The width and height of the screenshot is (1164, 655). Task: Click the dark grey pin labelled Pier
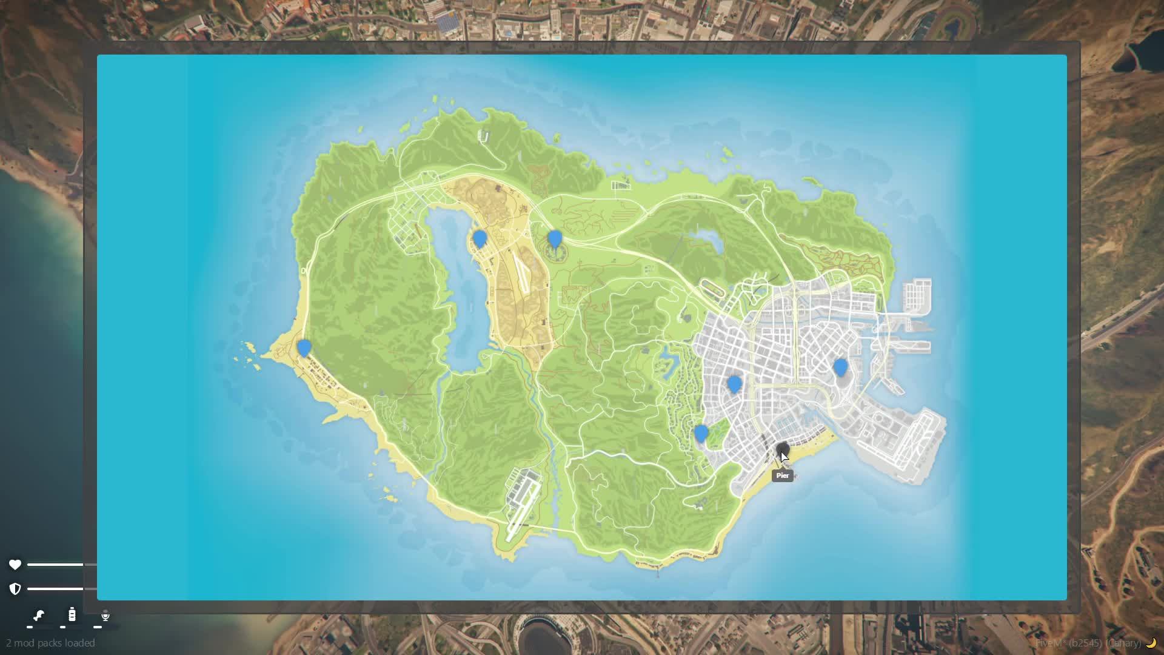(782, 449)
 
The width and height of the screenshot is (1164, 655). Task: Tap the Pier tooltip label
(782, 475)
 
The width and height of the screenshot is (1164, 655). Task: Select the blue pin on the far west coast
(304, 348)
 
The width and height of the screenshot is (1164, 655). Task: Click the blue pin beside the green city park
(701, 433)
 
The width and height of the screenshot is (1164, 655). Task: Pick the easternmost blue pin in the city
(840, 367)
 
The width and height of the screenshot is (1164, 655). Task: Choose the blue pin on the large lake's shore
(480, 238)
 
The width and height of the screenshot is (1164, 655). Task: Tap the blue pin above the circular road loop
(554, 238)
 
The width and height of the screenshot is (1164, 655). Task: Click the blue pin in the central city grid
(734, 384)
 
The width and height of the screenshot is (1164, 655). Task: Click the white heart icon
(15, 565)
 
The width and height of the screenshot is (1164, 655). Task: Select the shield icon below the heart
(15, 588)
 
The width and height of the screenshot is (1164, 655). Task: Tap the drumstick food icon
(39, 616)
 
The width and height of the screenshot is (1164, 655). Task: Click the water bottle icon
(72, 615)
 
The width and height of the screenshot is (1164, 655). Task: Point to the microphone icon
(105, 616)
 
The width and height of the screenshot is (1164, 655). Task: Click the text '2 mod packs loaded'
(50, 643)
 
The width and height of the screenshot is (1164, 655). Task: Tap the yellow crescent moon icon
(1151, 643)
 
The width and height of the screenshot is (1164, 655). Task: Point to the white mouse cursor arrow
(784, 457)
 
